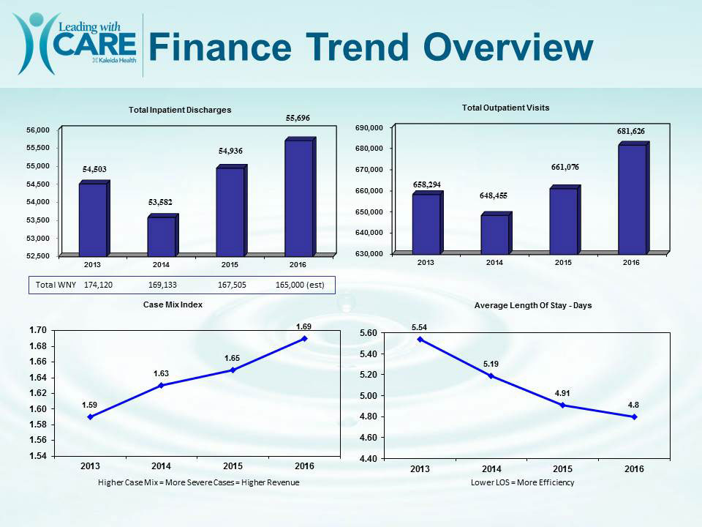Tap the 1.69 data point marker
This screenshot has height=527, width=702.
(x=304, y=339)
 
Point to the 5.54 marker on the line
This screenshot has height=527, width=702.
(x=420, y=339)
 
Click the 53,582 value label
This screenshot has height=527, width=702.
(x=160, y=202)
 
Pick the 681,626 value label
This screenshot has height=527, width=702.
(x=631, y=131)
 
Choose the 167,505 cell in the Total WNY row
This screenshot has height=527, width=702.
(x=232, y=285)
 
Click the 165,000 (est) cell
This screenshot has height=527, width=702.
(x=300, y=285)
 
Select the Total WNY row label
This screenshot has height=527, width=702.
(x=56, y=285)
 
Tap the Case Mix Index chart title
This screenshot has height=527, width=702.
(x=173, y=304)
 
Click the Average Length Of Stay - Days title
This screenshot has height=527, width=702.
(x=533, y=306)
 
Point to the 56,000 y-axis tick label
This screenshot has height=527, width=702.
(x=38, y=130)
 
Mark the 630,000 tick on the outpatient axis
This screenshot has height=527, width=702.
(x=369, y=254)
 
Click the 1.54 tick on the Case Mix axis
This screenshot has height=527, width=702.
(x=38, y=456)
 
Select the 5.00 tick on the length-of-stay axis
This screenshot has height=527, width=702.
(x=369, y=396)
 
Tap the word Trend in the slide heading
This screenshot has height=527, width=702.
(x=358, y=47)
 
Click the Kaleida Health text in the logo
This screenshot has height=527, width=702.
(x=114, y=60)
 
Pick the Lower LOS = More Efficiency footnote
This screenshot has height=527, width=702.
(x=522, y=482)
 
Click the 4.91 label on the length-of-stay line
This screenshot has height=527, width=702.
(x=562, y=394)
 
